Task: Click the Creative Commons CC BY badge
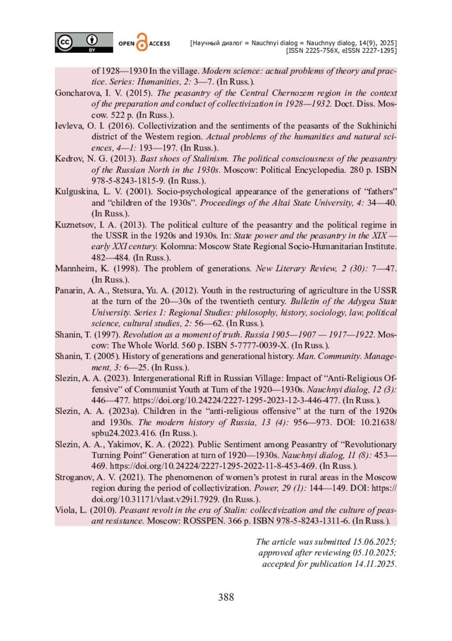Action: [x=84, y=43]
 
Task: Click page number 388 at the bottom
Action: [x=226, y=597]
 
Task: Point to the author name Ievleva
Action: [x=69, y=126]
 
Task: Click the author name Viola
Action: [x=65, y=510]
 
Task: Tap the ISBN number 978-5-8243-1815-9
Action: [x=128, y=181]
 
